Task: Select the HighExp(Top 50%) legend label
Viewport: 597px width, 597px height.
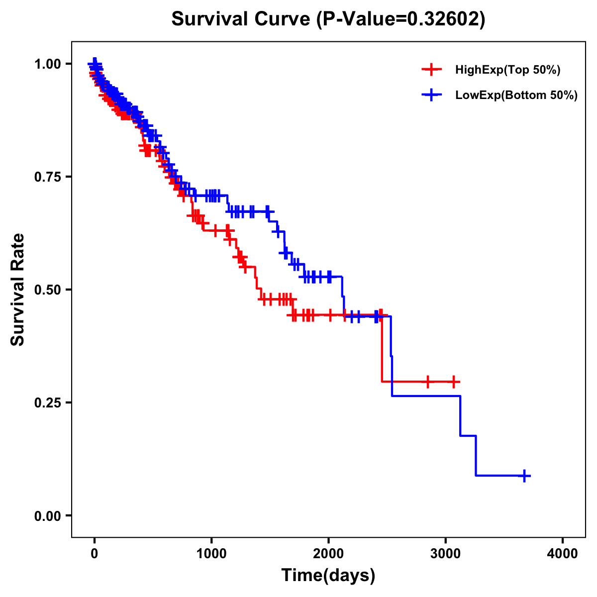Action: (507, 70)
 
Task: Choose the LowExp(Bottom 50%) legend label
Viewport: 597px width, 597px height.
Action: (516, 96)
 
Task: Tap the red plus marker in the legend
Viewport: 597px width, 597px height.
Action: (431, 70)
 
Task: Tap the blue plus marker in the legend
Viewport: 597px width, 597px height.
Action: (431, 96)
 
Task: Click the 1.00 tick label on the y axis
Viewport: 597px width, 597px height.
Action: (47, 64)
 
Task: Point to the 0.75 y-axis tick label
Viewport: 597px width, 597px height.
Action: (47, 177)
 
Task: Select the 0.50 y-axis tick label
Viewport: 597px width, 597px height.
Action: (47, 290)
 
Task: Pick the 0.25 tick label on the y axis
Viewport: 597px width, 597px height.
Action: (47, 403)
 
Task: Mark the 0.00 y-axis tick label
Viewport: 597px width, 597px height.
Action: (47, 516)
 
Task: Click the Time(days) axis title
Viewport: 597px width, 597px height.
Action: (328, 576)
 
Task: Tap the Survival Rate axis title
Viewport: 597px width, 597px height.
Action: (18, 290)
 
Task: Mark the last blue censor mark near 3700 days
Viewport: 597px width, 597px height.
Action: (524, 476)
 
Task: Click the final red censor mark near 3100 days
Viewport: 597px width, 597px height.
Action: (453, 382)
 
